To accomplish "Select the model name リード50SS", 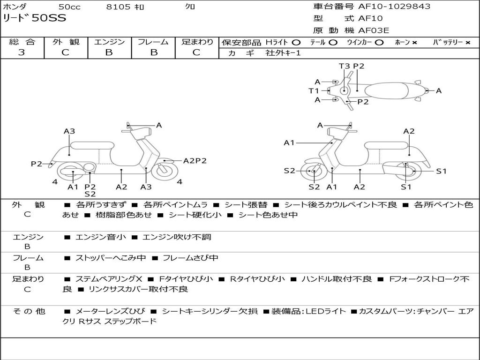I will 35,18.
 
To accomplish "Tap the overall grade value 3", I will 22,52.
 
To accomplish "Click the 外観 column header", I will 66,42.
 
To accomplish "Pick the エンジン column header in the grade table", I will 109,42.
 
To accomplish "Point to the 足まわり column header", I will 197,42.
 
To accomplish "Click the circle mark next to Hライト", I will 296,42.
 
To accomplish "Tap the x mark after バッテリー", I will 467,42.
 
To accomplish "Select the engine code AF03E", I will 374,30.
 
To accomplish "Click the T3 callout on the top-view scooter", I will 345,66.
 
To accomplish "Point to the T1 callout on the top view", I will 314,90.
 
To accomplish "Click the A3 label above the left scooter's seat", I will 69,131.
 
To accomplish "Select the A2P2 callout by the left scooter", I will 195,160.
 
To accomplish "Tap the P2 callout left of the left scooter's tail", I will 37,164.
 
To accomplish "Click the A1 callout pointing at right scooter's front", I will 289,142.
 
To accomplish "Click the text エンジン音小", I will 100,237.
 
